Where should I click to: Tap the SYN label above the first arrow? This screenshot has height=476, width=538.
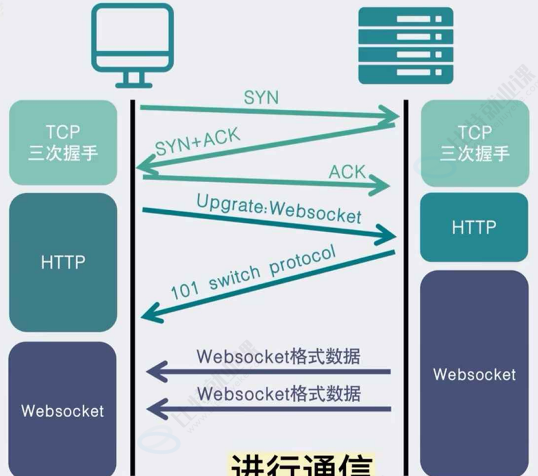[261, 98]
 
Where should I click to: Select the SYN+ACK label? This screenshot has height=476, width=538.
[198, 142]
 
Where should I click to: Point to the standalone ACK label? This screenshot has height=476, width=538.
[347, 171]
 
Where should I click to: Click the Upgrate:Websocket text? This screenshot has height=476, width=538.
[279, 207]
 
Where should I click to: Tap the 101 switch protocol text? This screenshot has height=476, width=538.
[253, 273]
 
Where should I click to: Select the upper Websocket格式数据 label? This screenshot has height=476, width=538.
[278, 356]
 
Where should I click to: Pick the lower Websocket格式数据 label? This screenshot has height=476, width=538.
[278, 392]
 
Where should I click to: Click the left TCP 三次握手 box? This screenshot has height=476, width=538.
[63, 142]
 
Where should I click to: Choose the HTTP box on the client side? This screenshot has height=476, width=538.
[63, 262]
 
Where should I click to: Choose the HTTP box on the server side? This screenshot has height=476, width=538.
[474, 227]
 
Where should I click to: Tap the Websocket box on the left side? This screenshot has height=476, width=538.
[63, 410]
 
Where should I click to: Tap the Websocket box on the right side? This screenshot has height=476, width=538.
[474, 374]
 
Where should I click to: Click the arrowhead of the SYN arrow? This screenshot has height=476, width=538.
[392, 116]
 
